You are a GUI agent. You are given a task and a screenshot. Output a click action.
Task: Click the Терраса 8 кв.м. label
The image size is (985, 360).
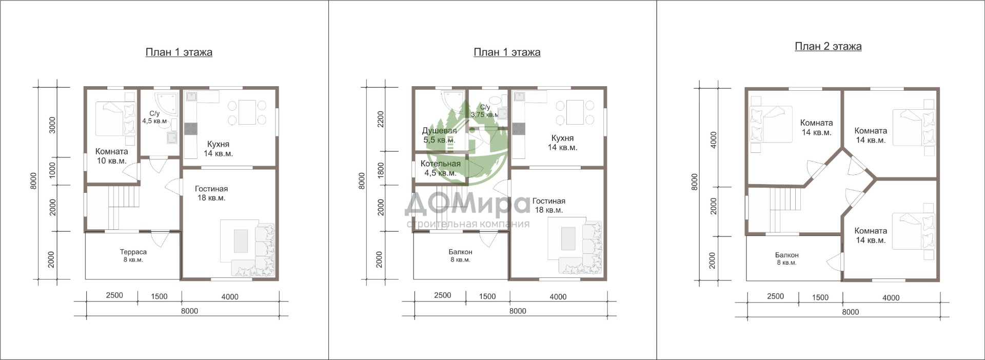point(133,256)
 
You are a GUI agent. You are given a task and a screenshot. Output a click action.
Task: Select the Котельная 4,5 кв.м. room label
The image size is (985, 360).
point(440,168)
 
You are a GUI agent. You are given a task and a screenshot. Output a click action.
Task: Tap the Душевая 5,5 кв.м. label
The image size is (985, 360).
point(439,135)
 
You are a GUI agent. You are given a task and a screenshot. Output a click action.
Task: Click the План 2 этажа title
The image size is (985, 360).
point(828,47)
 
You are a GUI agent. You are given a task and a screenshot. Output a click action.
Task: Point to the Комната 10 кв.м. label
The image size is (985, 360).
point(111,156)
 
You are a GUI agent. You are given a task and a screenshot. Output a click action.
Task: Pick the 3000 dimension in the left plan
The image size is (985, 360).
point(52,125)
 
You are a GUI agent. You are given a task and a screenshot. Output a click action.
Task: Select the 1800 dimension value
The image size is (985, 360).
point(381,170)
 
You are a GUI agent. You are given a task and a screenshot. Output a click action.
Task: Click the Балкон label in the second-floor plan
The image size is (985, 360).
point(786,258)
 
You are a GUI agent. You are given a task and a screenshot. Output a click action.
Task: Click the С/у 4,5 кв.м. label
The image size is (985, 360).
point(154,117)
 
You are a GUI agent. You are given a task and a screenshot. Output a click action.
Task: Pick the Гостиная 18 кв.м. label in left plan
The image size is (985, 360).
point(211,193)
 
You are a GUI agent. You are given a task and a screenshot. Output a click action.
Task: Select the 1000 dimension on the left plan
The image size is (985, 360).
point(52,170)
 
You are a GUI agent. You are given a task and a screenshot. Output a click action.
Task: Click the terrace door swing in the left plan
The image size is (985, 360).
point(160,239)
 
